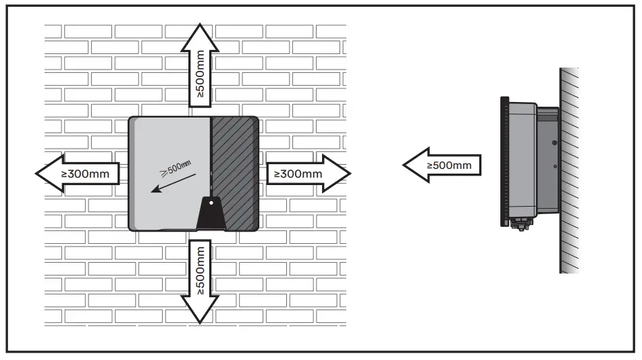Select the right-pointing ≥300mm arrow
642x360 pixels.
[x=308, y=174]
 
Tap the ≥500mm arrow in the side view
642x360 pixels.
[x=443, y=164]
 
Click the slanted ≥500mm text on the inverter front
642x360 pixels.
[x=173, y=166]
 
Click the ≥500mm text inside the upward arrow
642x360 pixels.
[x=201, y=76]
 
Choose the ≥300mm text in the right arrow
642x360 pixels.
[x=298, y=174]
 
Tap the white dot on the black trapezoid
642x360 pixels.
[x=211, y=202]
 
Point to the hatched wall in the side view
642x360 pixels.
[x=569, y=169]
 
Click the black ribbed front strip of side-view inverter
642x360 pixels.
[x=504, y=162]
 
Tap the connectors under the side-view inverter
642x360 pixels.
[x=522, y=224]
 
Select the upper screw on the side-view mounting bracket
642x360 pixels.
[x=554, y=143]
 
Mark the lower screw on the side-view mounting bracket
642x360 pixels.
[x=554, y=167]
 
